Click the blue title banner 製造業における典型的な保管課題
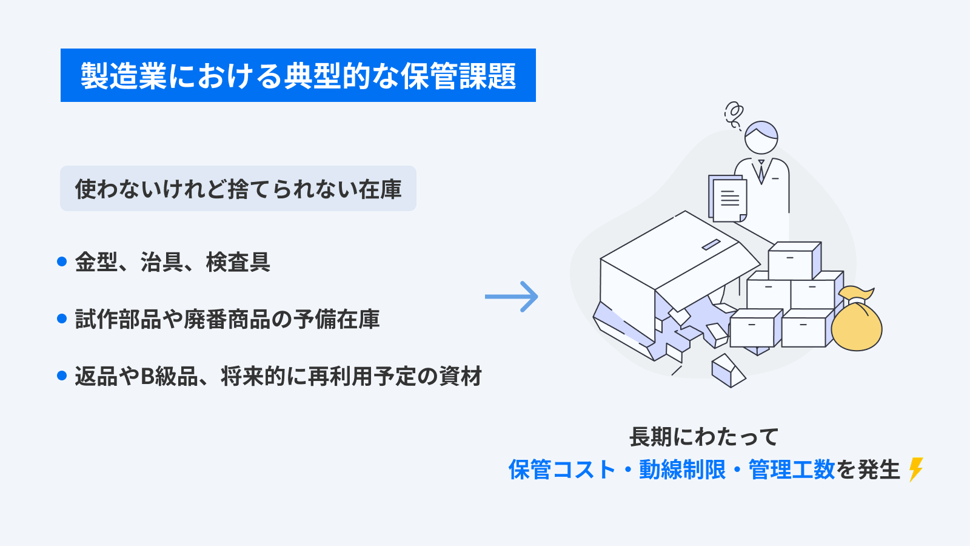tap(298, 75)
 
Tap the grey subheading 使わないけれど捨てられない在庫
tap(238, 189)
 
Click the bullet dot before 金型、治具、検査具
tap(61, 261)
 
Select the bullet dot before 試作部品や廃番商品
tap(61, 318)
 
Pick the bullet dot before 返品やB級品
tap(61, 376)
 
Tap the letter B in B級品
tap(147, 377)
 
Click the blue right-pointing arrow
tap(512, 297)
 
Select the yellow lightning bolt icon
tap(916, 469)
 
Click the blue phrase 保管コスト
tap(561, 470)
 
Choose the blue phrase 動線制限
tap(682, 470)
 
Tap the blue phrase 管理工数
tap(792, 470)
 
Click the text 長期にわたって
tap(703, 437)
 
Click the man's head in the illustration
tap(761, 137)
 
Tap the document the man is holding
tap(729, 198)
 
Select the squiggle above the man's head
tap(734, 115)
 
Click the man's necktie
tap(761, 171)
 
